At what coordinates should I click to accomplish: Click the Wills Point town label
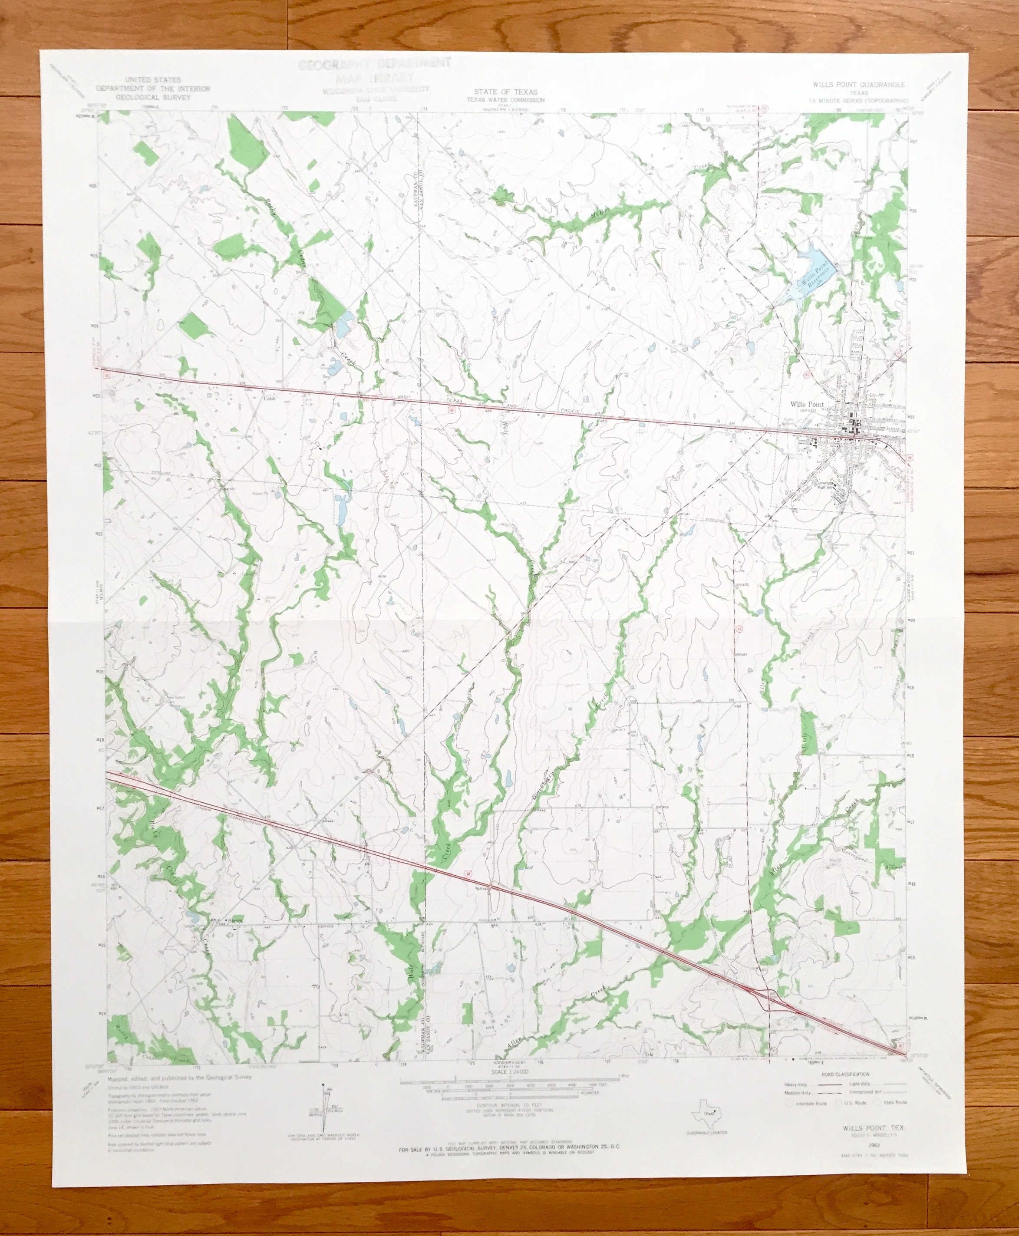807,404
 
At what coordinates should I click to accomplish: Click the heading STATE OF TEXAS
505,92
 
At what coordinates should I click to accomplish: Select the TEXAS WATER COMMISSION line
505,100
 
